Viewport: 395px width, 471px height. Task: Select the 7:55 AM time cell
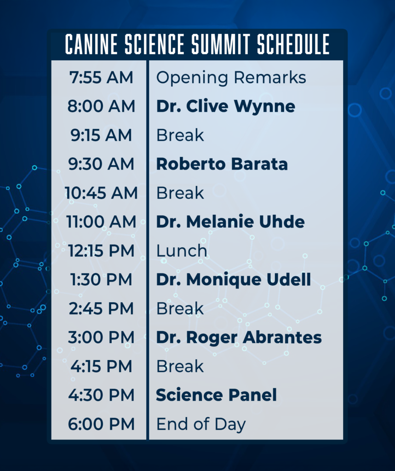(101, 77)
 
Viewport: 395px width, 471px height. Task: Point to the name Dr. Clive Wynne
(226, 107)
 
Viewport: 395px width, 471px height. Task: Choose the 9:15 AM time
(101, 135)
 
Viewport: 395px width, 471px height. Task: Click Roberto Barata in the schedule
(222, 164)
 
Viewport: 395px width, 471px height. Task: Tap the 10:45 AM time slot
(101, 193)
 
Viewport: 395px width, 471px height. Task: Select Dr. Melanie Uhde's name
(230, 222)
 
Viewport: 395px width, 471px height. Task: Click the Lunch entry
(182, 251)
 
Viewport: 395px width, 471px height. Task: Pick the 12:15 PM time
(101, 251)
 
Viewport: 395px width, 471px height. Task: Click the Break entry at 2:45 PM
(180, 309)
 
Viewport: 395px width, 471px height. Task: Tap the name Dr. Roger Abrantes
(239, 338)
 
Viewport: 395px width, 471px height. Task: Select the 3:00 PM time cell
(101, 337)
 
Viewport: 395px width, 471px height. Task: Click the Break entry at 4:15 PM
(180, 366)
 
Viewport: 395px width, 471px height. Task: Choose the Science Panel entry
(216, 395)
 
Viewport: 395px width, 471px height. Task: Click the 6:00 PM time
(101, 424)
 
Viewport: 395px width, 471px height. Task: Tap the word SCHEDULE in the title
(293, 44)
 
